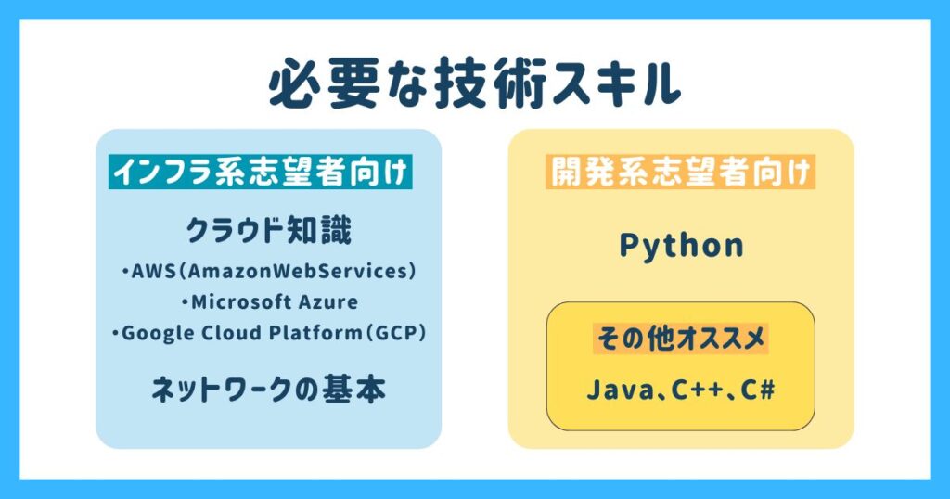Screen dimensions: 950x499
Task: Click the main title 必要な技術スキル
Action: pos(475,83)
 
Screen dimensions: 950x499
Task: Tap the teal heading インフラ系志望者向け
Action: pos(261,172)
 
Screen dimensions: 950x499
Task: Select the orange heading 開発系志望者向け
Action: pos(680,172)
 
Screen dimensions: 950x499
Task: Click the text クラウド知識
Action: pos(268,231)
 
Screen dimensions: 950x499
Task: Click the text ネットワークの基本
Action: pos(268,390)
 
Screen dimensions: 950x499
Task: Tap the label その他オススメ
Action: pos(680,339)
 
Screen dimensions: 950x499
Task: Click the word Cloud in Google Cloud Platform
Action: pos(231,332)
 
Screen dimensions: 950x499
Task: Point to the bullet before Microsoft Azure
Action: pos(185,302)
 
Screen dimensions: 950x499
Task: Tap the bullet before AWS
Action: pos(125,272)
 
